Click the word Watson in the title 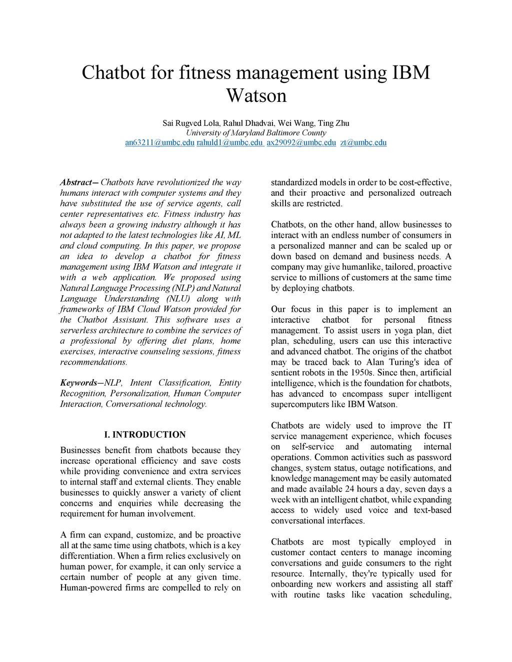click(256, 95)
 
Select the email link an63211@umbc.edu click(159, 143)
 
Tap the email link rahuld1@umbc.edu click(229, 143)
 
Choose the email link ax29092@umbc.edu click(301, 143)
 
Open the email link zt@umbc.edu click(363, 143)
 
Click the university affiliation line click(256, 133)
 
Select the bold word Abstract click(75, 182)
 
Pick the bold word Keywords click(79, 383)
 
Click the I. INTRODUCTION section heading click(145, 435)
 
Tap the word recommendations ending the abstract click(93, 362)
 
